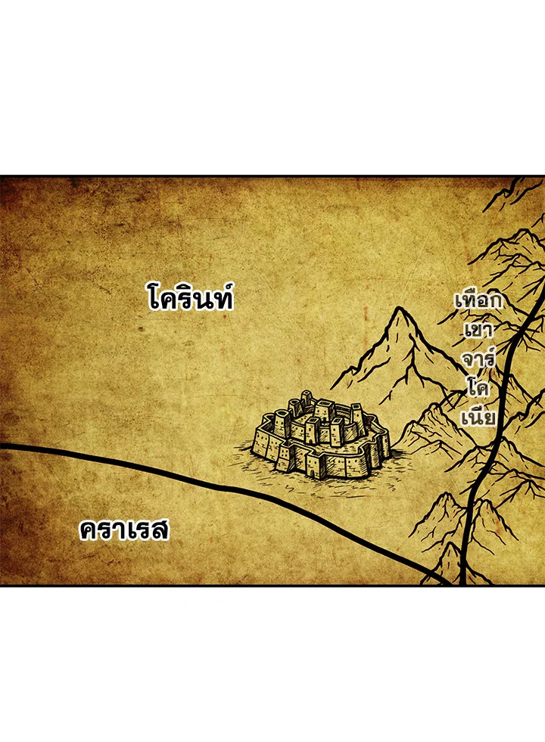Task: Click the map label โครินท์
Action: [191, 298]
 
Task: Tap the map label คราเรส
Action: [124, 530]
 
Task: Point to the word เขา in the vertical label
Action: [478, 330]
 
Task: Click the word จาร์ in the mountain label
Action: [478, 358]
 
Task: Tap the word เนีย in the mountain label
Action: [478, 417]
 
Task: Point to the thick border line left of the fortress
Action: [151, 467]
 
